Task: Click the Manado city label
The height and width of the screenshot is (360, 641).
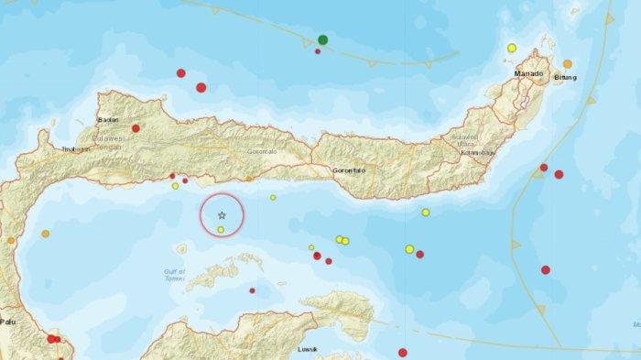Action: click(x=527, y=73)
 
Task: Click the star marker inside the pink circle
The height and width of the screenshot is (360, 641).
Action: click(x=222, y=213)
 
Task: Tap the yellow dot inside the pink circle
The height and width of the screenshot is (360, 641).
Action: click(x=221, y=229)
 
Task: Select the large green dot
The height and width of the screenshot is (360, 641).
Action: click(x=323, y=39)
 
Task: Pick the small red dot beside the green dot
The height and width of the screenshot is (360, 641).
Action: click(x=318, y=51)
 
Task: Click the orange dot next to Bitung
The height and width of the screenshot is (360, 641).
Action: click(x=568, y=63)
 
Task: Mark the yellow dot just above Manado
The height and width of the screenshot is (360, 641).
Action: click(x=512, y=48)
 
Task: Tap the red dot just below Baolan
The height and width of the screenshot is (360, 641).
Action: click(x=136, y=128)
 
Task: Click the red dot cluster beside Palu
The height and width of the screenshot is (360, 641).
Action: click(x=54, y=339)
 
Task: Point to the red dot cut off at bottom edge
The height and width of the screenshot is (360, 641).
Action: click(x=402, y=353)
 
